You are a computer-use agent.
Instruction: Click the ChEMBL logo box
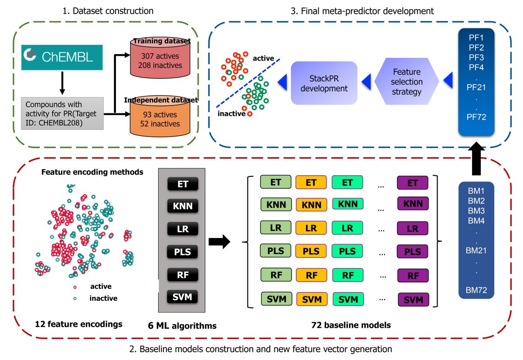tap(62, 58)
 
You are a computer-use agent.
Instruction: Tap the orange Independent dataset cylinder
tap(160, 117)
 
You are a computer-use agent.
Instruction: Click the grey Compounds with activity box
tap(62, 113)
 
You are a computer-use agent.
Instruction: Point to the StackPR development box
tap(324, 83)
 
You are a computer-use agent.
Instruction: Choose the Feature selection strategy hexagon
tap(407, 81)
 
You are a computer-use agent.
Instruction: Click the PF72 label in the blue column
tap(476, 117)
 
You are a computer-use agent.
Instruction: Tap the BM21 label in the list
tap(476, 251)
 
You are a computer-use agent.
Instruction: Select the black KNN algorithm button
tap(183, 206)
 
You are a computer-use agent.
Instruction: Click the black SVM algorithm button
tap(182, 297)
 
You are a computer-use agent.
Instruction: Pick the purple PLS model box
tap(412, 251)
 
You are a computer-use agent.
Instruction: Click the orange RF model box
tap(312, 275)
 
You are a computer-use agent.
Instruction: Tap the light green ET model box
tap(276, 182)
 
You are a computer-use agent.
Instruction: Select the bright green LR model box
tap(347, 228)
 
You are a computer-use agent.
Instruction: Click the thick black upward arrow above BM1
tap(476, 158)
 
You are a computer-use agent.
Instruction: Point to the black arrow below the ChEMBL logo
tap(62, 83)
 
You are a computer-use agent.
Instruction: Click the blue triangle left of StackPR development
tap(282, 82)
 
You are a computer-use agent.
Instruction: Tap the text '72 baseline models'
tap(351, 325)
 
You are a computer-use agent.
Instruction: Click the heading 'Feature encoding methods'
tap(92, 172)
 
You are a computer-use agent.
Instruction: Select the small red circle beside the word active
tap(75, 287)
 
